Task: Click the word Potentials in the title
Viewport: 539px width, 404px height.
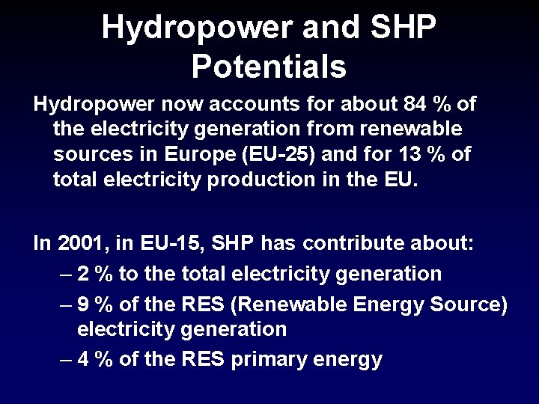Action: [269, 67]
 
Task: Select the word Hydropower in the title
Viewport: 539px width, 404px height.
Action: [191, 28]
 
